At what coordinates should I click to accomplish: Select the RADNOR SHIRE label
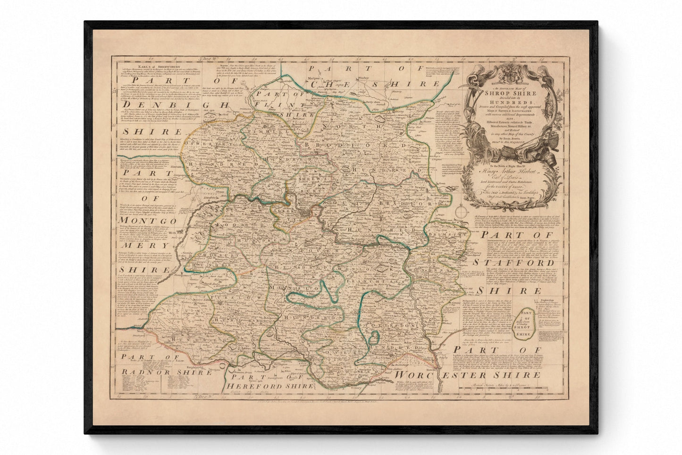(156, 372)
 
